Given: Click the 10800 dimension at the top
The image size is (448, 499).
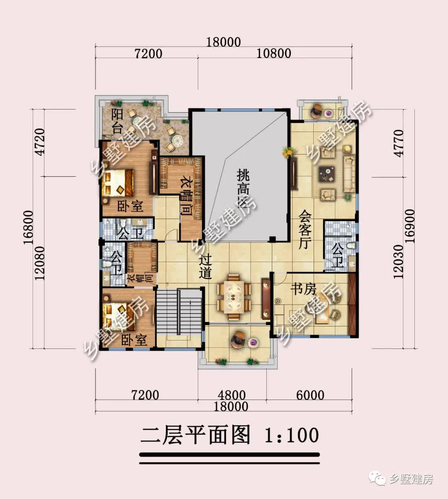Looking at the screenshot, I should coord(274,54).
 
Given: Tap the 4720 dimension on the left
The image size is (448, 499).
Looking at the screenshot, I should coord(40,142).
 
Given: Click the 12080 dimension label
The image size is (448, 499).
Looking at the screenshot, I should coord(40,263).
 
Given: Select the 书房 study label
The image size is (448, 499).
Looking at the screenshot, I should coord(303,289).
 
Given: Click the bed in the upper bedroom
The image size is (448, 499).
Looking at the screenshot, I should coord(119,183).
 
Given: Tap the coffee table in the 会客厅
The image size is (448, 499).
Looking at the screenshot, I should coord(328,173).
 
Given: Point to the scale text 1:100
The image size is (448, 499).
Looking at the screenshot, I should coord(291,435).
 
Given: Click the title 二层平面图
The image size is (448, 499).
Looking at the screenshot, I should coord(195,435).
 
